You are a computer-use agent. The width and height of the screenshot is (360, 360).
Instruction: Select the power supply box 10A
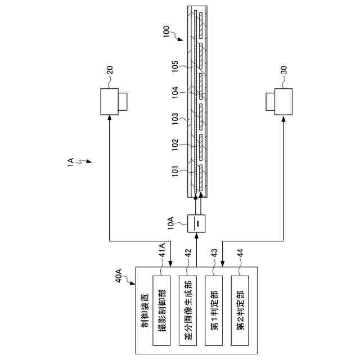(x=197, y=224)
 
